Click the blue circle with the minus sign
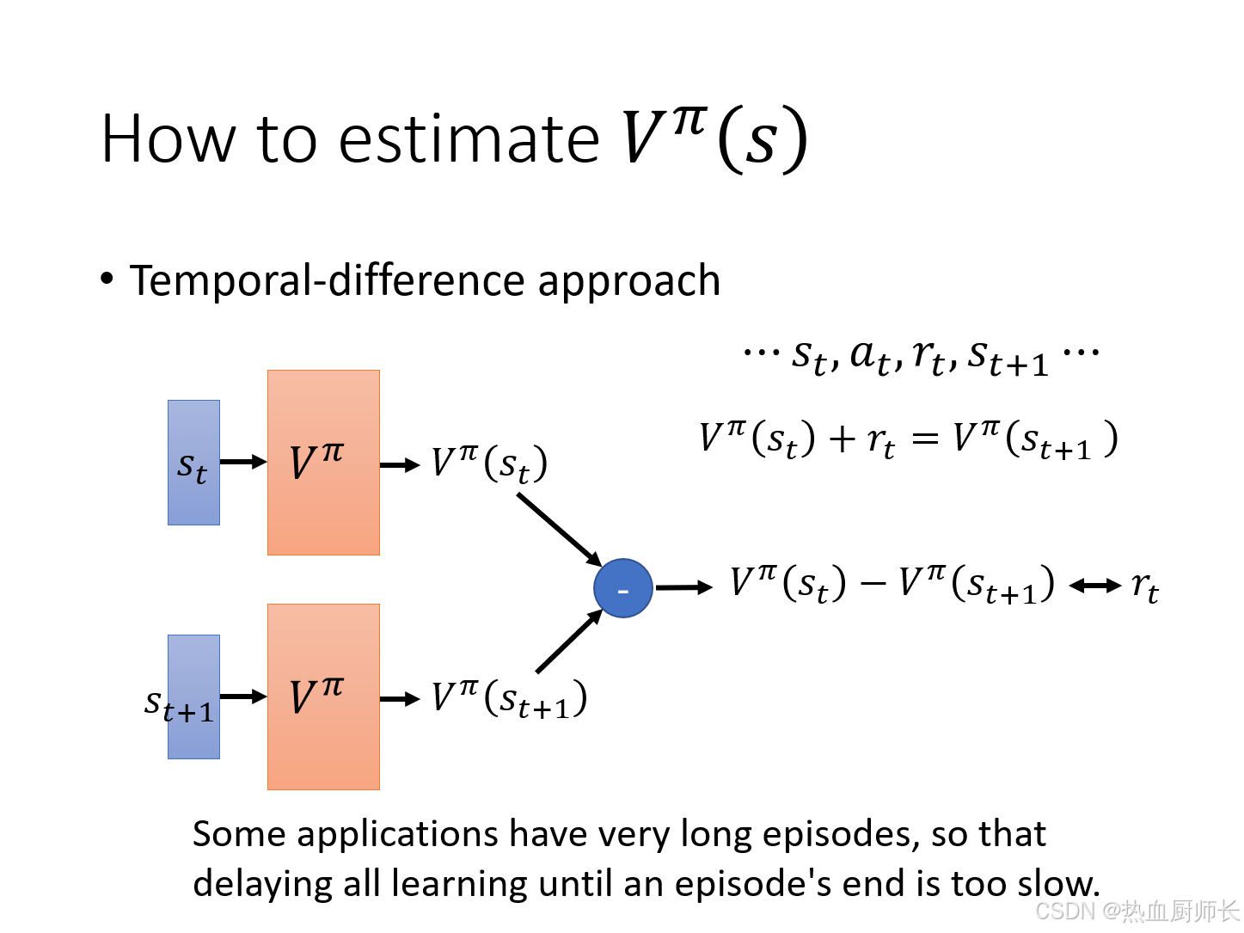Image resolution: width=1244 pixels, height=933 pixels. click(622, 588)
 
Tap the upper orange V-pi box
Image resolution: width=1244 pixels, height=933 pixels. click(323, 463)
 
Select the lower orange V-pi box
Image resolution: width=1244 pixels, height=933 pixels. click(323, 697)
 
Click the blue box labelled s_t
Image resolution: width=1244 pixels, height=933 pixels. click(193, 463)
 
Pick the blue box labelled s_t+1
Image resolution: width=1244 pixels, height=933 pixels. click(193, 697)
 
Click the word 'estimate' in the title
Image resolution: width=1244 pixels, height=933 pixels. click(469, 139)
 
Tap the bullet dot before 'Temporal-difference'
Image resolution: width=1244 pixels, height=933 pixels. click(107, 279)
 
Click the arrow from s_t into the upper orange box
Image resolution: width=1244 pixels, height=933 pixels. click(243, 463)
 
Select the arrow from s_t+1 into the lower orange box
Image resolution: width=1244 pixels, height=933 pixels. click(243, 697)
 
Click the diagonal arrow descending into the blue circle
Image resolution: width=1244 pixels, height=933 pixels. click(559, 530)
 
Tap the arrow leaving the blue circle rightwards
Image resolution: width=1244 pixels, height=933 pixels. click(683, 587)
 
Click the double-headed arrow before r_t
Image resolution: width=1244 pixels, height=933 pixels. click(1094, 586)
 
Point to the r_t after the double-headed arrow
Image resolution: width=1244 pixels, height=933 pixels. click(1144, 588)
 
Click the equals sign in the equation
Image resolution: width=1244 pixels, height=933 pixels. click(924, 439)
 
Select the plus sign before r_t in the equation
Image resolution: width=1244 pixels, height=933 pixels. click(842, 439)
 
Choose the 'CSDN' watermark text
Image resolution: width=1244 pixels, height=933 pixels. click(1065, 912)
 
